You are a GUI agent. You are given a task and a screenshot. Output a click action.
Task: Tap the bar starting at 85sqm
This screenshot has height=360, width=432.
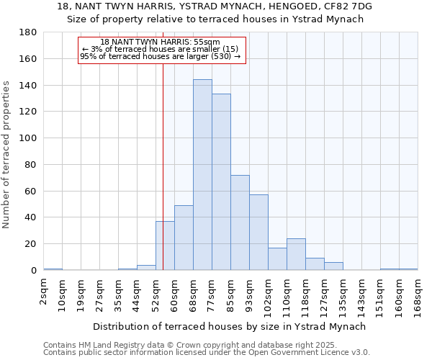[240, 222]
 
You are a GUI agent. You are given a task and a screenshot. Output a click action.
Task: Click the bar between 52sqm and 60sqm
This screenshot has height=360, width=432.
[165, 246]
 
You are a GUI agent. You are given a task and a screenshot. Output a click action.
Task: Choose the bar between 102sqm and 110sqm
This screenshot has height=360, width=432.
[277, 259]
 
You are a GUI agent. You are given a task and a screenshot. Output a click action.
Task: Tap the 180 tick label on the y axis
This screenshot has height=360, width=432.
[28, 32]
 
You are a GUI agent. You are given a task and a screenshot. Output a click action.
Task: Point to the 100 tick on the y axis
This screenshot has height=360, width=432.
[28, 138]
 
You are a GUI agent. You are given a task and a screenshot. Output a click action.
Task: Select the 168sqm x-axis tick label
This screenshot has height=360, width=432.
[418, 292]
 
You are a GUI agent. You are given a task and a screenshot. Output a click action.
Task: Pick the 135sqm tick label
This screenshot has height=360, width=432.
[343, 292]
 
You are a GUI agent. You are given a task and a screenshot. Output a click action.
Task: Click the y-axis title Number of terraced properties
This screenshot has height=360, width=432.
[6, 155]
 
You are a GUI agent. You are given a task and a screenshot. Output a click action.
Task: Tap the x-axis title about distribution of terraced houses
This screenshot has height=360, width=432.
[230, 326]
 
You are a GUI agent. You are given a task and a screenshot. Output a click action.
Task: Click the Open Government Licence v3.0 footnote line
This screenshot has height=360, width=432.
[207, 353]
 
